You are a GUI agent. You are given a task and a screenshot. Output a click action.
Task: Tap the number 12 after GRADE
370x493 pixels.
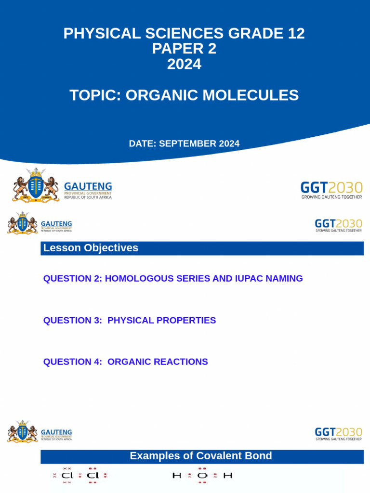[x=295, y=34]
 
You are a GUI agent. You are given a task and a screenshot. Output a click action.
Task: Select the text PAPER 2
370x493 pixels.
[x=184, y=49]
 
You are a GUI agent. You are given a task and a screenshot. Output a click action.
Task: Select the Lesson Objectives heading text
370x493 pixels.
[x=91, y=248]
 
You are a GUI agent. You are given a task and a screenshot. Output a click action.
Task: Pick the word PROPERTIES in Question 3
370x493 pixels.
[x=186, y=320]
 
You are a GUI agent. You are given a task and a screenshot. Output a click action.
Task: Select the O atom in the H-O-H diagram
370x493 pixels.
[x=202, y=476]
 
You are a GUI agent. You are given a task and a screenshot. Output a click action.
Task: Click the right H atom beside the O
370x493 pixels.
[x=227, y=476]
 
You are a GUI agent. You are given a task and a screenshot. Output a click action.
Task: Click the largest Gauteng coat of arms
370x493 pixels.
[x=36, y=185]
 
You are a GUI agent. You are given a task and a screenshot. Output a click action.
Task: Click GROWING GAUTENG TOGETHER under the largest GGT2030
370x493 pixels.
[x=331, y=196]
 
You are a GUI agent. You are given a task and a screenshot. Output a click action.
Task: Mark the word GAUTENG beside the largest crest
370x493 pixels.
[x=88, y=186]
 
